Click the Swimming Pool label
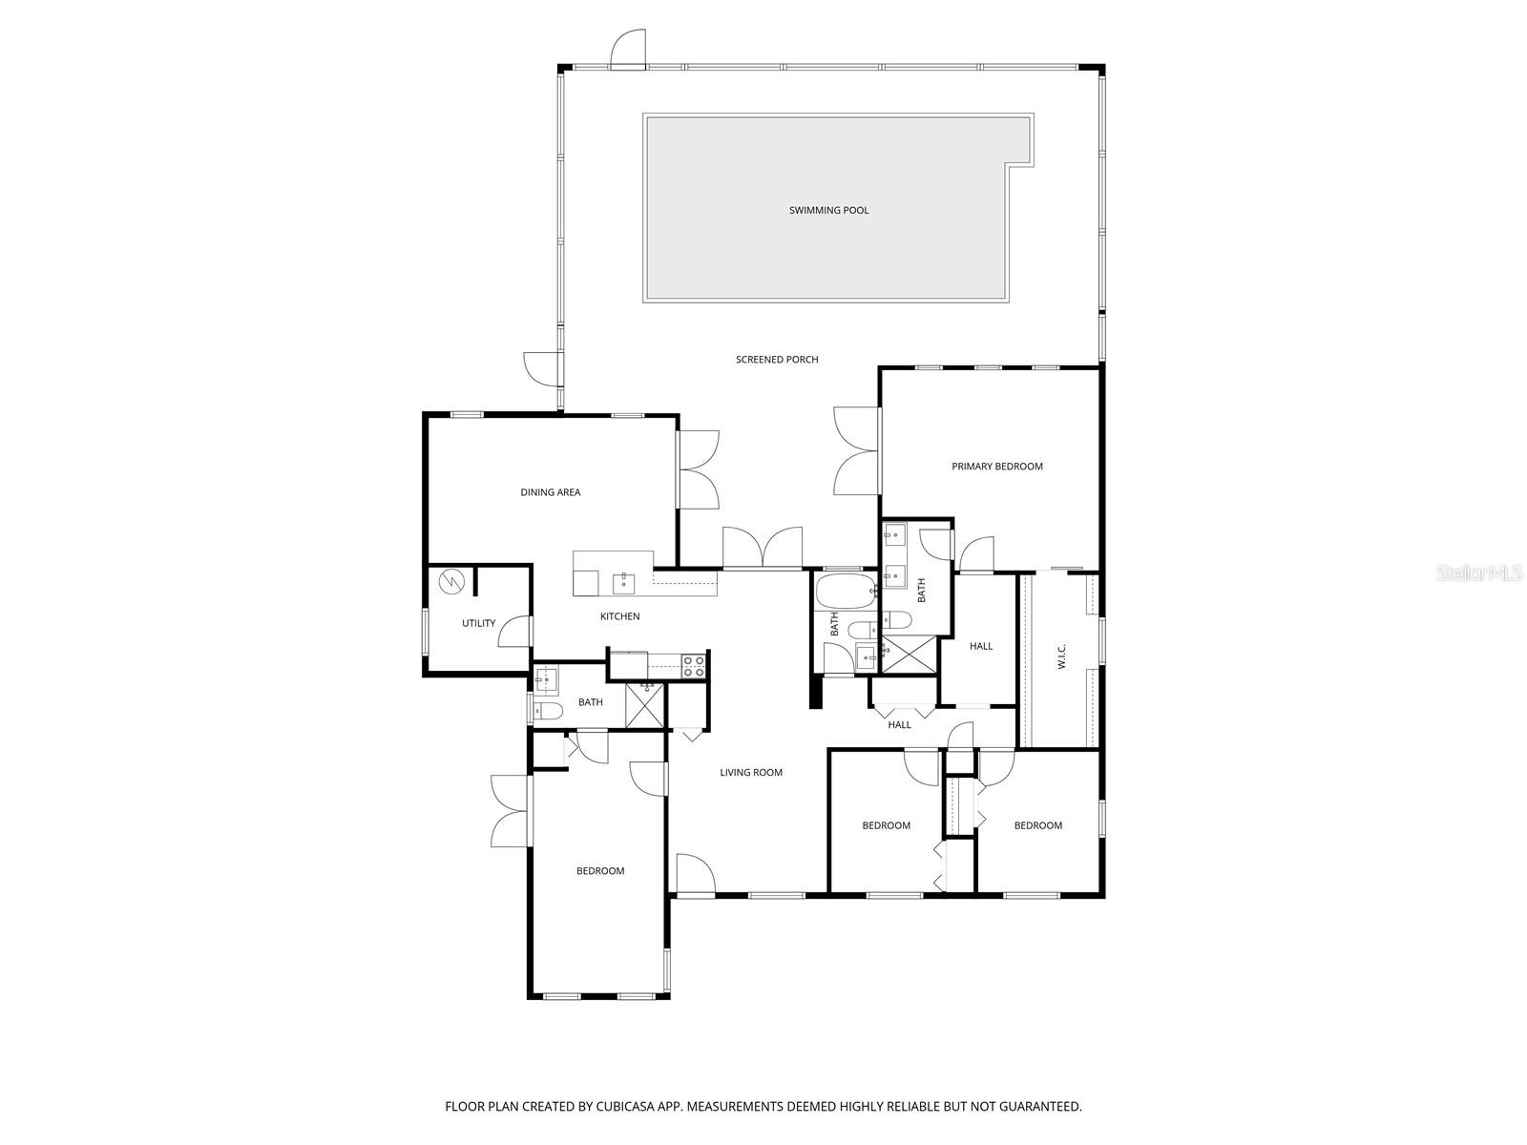pos(828,210)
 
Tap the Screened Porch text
pos(777,360)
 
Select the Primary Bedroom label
pos(997,467)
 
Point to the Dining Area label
pos(551,492)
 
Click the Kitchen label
pos(619,616)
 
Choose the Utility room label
pos(478,623)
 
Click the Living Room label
pos(751,773)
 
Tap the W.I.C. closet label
pos(1061,656)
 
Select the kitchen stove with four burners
pos(694,666)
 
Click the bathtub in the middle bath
pos(845,591)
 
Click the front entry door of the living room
pos(694,874)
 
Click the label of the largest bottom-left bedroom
pos(600,871)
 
